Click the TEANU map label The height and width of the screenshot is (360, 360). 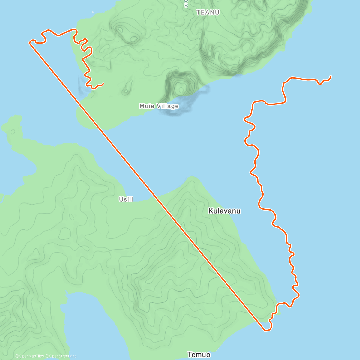click(x=208, y=12)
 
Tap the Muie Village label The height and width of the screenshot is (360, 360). click(x=159, y=106)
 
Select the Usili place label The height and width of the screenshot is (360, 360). click(x=126, y=199)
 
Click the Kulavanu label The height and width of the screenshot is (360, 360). click(x=224, y=211)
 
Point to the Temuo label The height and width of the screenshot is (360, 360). click(x=199, y=355)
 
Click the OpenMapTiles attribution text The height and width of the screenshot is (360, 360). click(x=29, y=356)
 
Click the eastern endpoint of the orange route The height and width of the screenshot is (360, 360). click(x=331, y=76)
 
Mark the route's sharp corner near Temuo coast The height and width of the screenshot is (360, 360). click(x=265, y=331)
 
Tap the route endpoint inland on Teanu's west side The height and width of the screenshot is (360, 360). click(x=103, y=84)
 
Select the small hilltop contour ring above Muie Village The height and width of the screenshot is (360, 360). click(x=181, y=89)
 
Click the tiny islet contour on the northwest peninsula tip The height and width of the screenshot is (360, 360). click(x=13, y=131)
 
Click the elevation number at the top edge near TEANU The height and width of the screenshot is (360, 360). click(x=186, y=4)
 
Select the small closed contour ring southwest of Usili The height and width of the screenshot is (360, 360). click(x=71, y=217)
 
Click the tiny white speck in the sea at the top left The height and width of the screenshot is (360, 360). click(x=93, y=12)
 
